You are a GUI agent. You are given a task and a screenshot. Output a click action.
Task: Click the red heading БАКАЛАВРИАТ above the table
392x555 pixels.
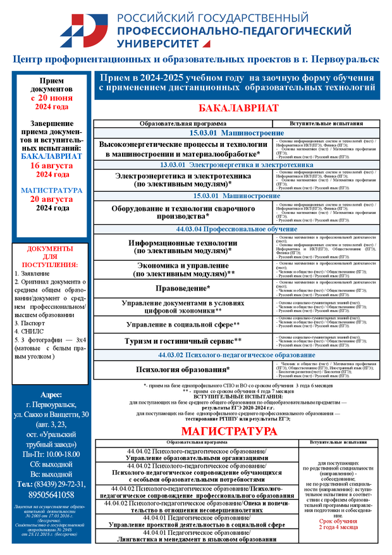pos(238,108)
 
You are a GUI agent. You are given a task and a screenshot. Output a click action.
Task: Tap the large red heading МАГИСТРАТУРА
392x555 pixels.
pos(229,431)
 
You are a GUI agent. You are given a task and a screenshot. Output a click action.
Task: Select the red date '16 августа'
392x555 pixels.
pos(52,165)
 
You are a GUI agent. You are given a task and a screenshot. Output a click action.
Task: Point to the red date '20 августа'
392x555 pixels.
pos(52,199)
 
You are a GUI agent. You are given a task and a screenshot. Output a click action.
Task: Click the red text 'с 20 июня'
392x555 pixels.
pos(52,98)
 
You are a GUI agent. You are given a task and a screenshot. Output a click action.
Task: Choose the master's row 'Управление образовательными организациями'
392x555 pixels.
pos(196,458)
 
